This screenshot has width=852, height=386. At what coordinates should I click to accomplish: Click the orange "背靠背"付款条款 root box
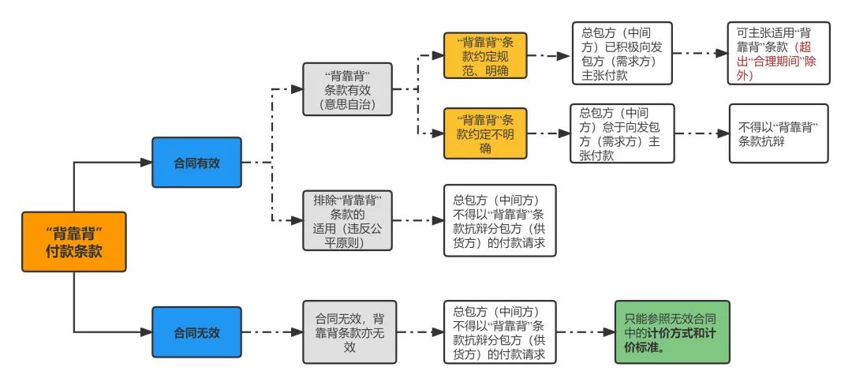pyautogui.click(x=74, y=242)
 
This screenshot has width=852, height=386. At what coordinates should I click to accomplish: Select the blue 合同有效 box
pyautogui.click(x=196, y=163)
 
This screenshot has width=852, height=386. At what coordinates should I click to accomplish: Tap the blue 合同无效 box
pyautogui.click(x=196, y=332)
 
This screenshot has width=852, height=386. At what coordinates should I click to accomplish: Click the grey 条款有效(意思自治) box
pyautogui.click(x=346, y=89)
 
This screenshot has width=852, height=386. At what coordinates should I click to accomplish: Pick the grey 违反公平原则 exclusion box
pyautogui.click(x=346, y=221)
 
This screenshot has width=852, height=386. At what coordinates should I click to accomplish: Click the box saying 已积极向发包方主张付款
pyautogui.click(x=622, y=54)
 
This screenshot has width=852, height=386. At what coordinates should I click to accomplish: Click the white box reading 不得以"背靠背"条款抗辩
pyautogui.click(x=778, y=133)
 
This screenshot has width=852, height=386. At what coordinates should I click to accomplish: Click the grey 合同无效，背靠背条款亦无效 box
pyautogui.click(x=346, y=332)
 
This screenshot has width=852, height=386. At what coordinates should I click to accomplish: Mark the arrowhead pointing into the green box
pyautogui.click(x=607, y=332)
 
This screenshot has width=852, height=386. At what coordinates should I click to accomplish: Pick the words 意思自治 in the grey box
pyautogui.click(x=346, y=103)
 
